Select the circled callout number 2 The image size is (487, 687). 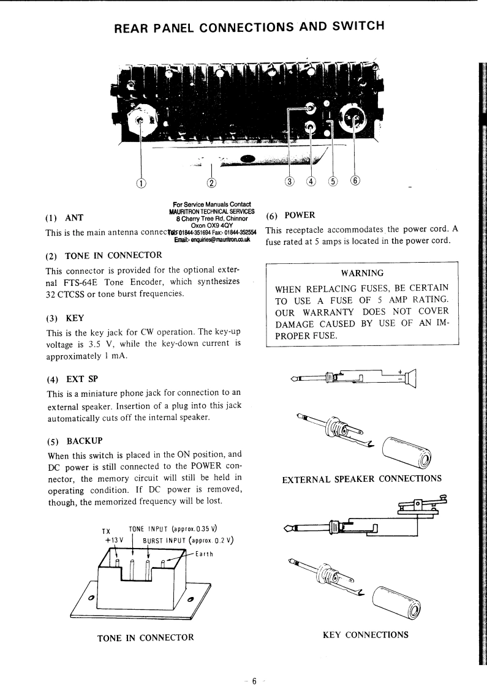click(x=211, y=182)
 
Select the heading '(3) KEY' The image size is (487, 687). click(x=66, y=318)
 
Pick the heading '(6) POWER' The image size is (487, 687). click(x=290, y=215)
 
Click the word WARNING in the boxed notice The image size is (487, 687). click(x=363, y=273)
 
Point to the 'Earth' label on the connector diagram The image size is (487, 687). click(x=204, y=555)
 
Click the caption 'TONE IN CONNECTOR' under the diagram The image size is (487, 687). click(x=146, y=637)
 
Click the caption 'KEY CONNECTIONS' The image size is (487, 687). click(x=365, y=634)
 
